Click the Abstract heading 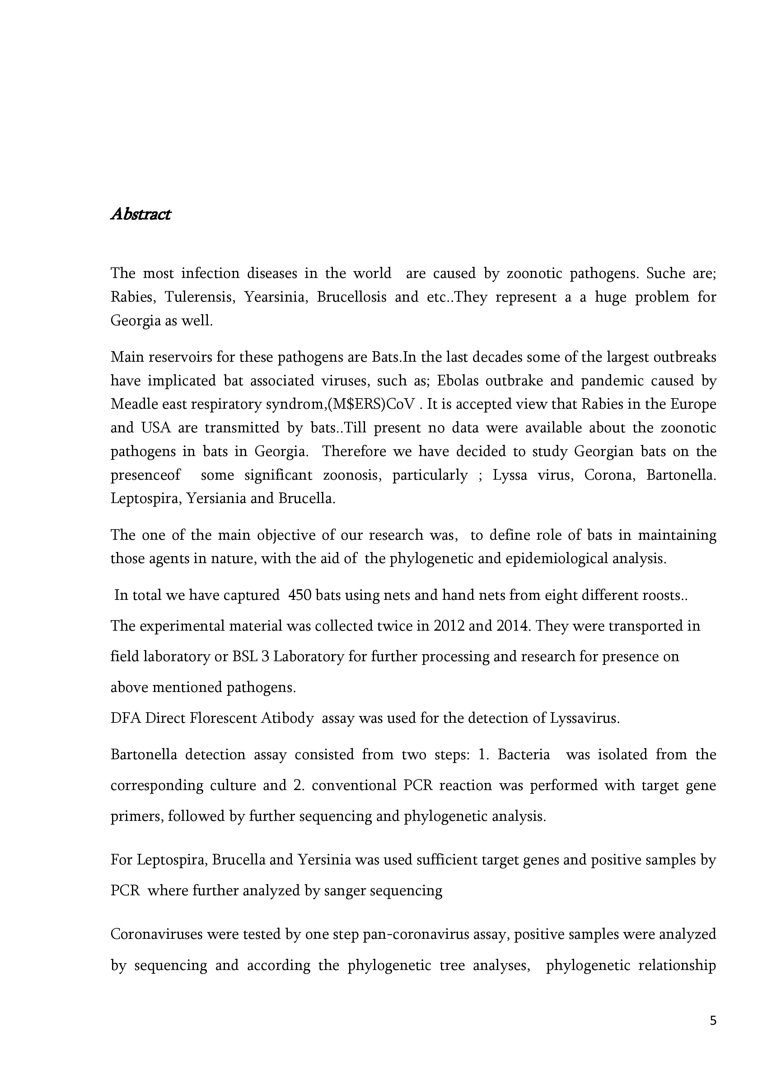[x=140, y=214]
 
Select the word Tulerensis [x=200, y=297]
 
